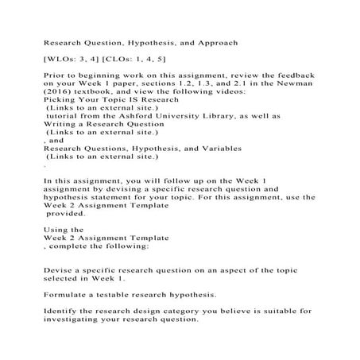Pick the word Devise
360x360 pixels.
coord(58,270)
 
